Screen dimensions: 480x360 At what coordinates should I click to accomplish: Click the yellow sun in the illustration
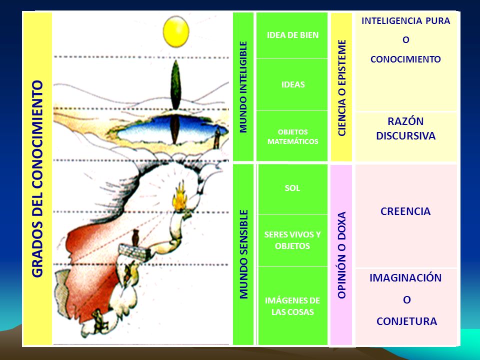[x=175, y=31]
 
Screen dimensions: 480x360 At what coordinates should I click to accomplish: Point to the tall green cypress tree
[x=175, y=85]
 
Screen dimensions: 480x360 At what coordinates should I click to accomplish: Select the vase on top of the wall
[x=135, y=238]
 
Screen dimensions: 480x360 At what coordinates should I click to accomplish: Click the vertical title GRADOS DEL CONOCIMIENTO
[x=37, y=179]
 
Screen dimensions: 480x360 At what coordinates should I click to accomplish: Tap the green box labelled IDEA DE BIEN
[x=292, y=35]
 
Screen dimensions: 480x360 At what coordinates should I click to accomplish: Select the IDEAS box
[x=292, y=85]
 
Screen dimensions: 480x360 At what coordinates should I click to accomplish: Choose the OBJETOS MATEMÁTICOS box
[x=292, y=136]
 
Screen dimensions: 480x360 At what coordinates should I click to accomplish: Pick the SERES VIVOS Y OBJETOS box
[x=293, y=240]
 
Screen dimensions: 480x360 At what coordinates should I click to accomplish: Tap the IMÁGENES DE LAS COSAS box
[x=293, y=306]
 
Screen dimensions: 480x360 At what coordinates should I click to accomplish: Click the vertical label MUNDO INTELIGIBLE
[x=243, y=87]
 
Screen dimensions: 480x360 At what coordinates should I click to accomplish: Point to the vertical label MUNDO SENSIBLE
[x=243, y=254]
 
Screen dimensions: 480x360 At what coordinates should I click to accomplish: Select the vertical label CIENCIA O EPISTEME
[x=341, y=88]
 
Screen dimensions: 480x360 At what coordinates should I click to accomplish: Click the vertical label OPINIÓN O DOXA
[x=341, y=255]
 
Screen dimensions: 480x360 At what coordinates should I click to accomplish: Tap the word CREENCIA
[x=405, y=211]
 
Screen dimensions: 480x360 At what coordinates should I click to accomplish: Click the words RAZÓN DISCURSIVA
[x=405, y=128]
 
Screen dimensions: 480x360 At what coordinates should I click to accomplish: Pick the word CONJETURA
[x=406, y=321]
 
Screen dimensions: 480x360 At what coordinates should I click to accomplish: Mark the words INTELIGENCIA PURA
[x=405, y=21]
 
